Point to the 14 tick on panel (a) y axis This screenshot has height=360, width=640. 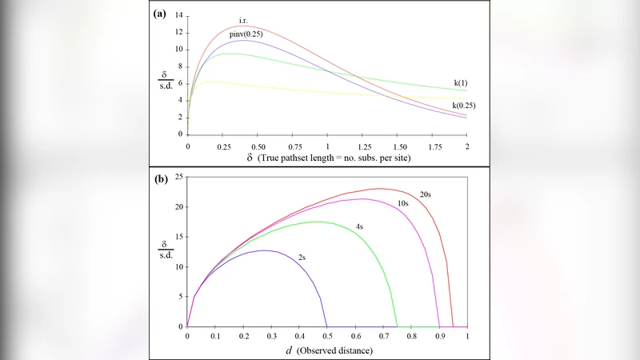click(x=178, y=15)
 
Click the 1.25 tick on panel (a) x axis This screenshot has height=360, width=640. click(x=362, y=147)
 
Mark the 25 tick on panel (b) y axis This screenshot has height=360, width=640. click(x=178, y=176)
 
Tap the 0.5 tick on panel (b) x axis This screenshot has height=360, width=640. click(x=327, y=338)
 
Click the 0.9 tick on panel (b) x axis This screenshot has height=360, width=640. click(x=439, y=338)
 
